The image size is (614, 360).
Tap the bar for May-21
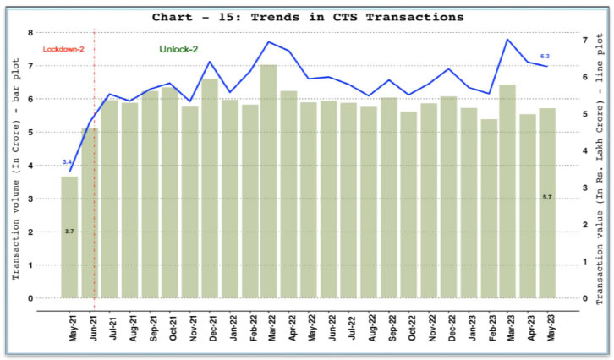pos(69,237)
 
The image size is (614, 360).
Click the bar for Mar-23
pos(507,191)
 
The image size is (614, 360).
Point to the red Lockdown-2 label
pos(63,50)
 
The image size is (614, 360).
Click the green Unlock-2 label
pos(180,50)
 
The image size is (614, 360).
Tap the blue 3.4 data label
pos(68,161)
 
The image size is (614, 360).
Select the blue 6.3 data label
pos(544,56)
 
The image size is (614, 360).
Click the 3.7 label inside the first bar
pos(69,230)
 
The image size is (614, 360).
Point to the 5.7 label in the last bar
pos(547,197)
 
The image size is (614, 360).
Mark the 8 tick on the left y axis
pos(31,33)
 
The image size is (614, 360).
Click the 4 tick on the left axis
pos(31,166)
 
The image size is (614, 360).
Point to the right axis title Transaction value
pos(599,169)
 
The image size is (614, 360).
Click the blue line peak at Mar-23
pos(507,39)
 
